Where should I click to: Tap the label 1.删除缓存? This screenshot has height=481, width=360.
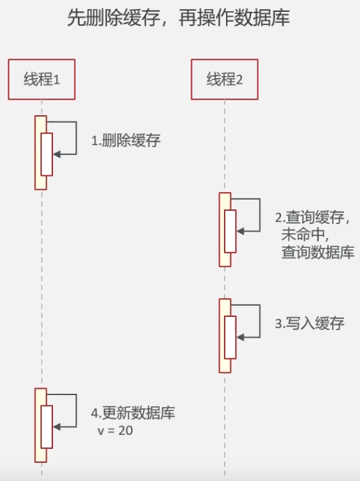click(126, 140)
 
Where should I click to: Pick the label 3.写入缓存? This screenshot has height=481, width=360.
click(309, 323)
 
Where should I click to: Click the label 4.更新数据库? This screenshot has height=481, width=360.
click(133, 413)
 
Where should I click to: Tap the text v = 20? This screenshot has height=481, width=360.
click(115, 431)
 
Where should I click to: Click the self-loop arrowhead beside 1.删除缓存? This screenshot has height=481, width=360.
click(57, 154)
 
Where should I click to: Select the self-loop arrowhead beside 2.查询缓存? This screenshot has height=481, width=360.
click(240, 230)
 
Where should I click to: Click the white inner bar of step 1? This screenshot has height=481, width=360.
click(47, 154)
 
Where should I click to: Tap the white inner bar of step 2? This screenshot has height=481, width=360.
click(230, 230)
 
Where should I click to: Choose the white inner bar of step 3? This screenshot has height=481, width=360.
click(230, 337)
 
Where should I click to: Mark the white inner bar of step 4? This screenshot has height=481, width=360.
click(47, 427)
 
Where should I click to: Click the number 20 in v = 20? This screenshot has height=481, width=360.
click(125, 431)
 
